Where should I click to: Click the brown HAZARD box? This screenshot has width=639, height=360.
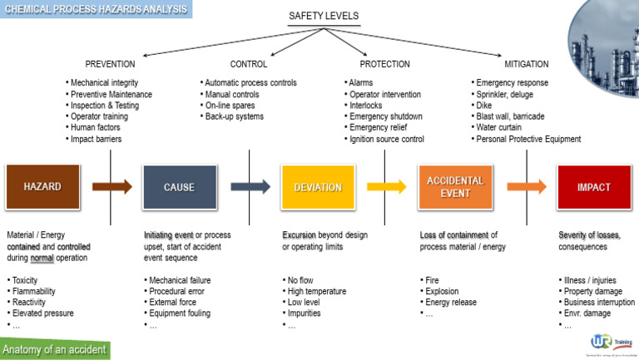tap(42, 187)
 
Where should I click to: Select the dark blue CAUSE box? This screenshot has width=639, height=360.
tap(179, 187)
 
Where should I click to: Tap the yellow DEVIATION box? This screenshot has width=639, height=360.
tap(317, 187)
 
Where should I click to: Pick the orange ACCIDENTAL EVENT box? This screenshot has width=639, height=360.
tap(455, 186)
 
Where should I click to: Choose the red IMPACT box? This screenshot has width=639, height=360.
tap(594, 187)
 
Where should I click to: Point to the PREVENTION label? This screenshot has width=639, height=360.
tap(110, 64)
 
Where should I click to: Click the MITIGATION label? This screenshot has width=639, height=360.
tap(526, 64)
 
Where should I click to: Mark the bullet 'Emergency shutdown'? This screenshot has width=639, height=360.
tap(387, 116)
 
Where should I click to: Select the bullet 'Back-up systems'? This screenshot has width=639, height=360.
tap(235, 116)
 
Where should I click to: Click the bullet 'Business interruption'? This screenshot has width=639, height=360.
tap(598, 303)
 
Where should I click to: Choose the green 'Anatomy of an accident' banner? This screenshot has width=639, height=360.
tap(55, 349)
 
